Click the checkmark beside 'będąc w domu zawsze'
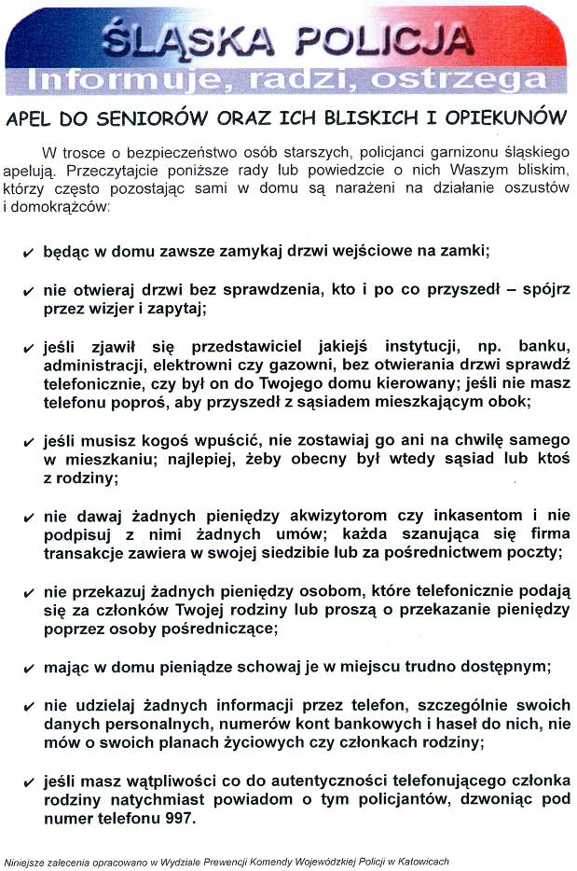pos(28,253)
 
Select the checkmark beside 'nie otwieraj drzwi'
pos(28,292)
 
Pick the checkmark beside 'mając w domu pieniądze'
pos(28,669)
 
